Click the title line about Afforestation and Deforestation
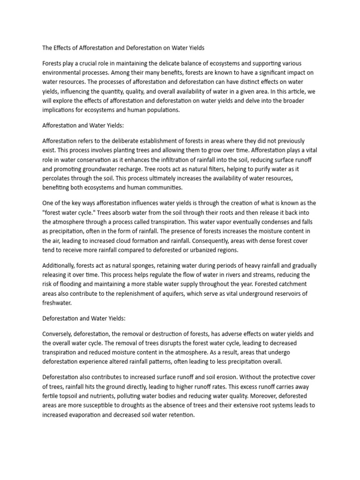click(x=123, y=48)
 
